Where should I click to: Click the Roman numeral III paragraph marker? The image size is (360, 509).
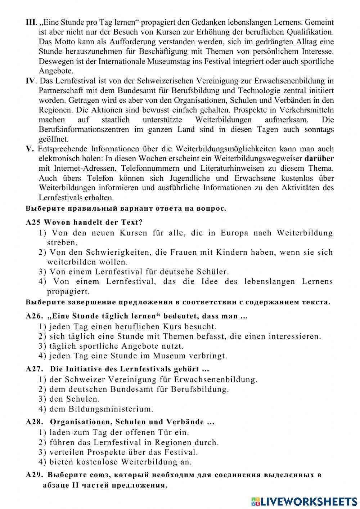coord(31,23)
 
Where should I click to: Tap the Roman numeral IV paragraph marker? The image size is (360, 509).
coord(31,81)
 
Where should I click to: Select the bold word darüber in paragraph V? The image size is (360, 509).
coord(319,158)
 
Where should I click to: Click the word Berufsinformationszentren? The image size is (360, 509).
coord(84,130)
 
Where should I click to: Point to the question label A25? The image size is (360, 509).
coord(33,223)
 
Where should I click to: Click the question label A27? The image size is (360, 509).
coord(35,369)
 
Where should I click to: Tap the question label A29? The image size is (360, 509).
coord(35,475)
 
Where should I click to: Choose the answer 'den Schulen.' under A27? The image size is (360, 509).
coord(74,399)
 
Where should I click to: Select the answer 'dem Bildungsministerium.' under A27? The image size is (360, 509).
coord(101,409)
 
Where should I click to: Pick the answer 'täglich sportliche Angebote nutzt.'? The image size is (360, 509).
coord(116,346)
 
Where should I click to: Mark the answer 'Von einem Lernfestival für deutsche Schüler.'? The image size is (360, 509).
coord(139,272)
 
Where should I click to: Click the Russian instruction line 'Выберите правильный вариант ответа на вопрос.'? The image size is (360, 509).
coord(126,209)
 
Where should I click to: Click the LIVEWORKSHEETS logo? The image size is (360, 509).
coord(304,501)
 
